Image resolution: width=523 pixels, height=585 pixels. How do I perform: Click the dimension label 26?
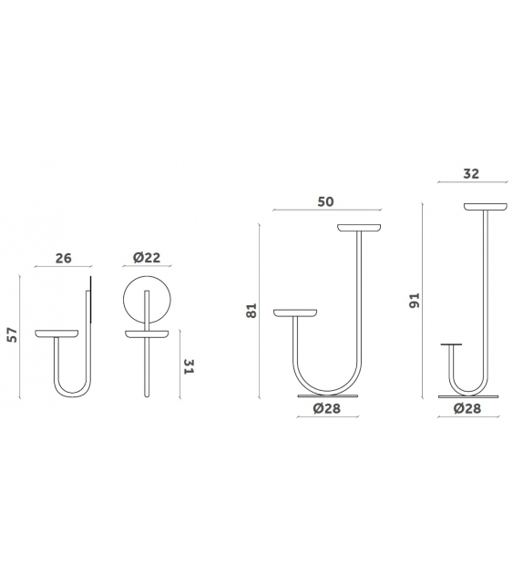coord(63,258)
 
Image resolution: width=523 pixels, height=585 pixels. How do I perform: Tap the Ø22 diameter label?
coord(147,258)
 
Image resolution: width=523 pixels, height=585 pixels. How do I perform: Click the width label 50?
coord(326,201)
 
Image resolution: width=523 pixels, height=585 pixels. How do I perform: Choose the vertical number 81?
coord(252,310)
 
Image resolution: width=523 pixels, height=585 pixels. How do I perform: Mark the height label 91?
coord(415,301)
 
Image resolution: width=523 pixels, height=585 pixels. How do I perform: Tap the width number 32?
coord(471,173)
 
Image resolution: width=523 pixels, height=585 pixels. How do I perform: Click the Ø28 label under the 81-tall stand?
coord(328,409)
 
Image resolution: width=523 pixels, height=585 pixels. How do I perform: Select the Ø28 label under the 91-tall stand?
coord(467,409)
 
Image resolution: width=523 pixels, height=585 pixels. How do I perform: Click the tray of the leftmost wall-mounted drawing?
coord(58,334)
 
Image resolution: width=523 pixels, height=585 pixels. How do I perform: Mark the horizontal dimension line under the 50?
coord(326,210)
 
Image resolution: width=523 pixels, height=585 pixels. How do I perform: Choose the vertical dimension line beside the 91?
coord(423,301)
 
